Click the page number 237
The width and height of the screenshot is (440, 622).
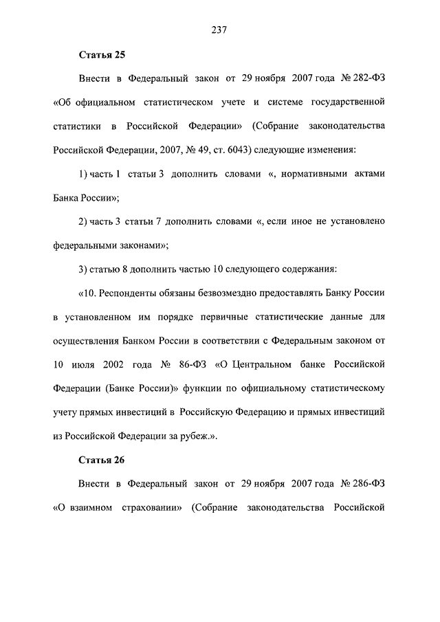(220, 29)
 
